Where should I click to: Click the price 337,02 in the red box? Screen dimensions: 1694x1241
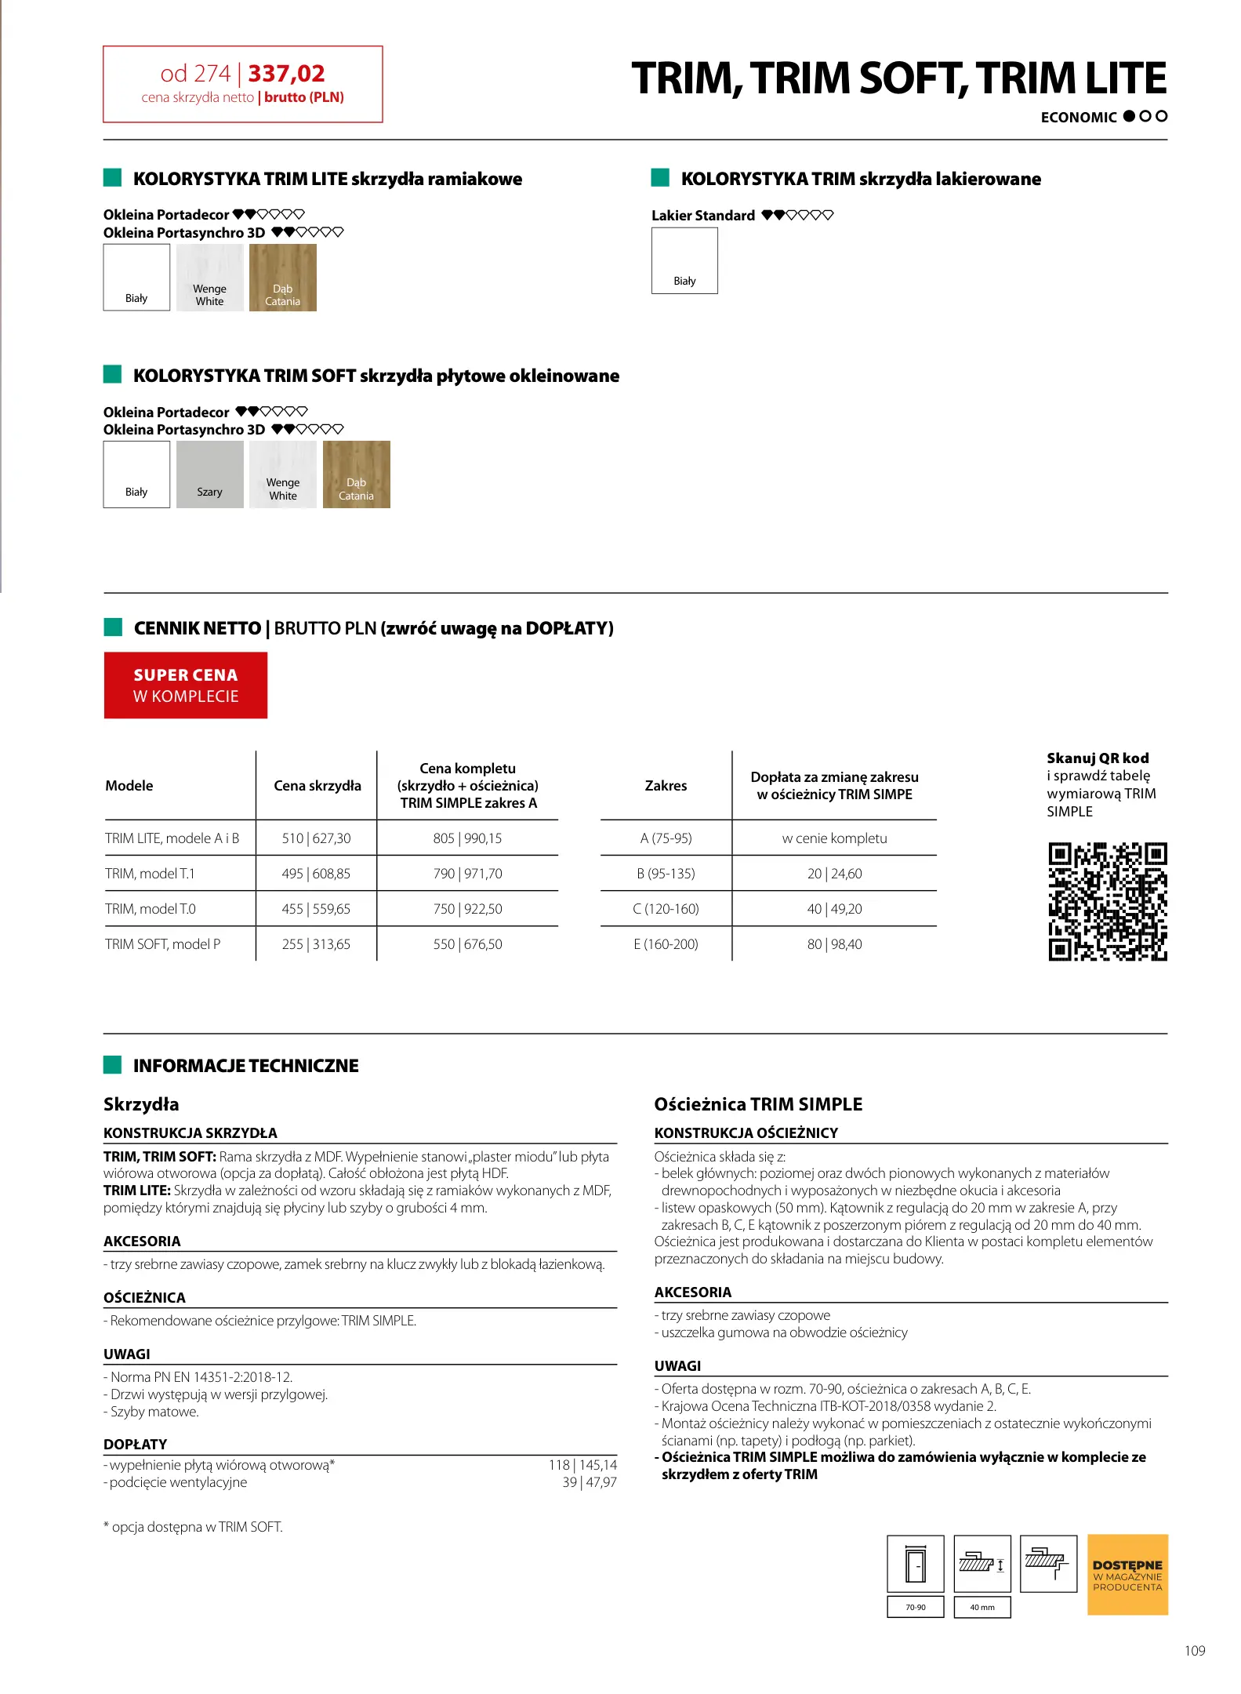click(286, 74)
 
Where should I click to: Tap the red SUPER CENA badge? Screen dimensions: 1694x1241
click(186, 685)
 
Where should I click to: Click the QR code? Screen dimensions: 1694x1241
click(1107, 902)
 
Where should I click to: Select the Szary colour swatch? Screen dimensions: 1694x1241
click(209, 474)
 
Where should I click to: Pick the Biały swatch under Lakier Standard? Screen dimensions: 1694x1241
click(684, 260)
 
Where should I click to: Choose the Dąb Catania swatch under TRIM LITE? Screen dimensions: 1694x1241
click(282, 278)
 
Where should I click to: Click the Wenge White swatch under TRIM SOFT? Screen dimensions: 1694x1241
click(282, 474)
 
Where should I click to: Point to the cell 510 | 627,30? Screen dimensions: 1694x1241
click(316, 838)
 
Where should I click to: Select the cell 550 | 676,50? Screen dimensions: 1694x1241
click(467, 944)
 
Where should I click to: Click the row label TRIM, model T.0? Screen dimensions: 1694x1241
click(151, 909)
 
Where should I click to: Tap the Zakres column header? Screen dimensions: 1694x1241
click(666, 786)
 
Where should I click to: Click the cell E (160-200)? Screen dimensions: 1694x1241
click(666, 944)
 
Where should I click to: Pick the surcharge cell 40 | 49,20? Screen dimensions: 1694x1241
click(834, 909)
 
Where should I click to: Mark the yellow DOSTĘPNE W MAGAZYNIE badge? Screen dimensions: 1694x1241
click(1127, 1575)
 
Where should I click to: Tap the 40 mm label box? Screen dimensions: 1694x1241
click(982, 1607)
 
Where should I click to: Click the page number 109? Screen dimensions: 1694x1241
click(1194, 1651)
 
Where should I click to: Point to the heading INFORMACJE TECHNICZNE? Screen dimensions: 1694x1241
click(245, 1066)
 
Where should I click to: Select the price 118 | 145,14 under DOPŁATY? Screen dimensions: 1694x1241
click(582, 1465)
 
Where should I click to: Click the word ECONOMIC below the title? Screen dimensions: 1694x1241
click(1078, 118)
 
